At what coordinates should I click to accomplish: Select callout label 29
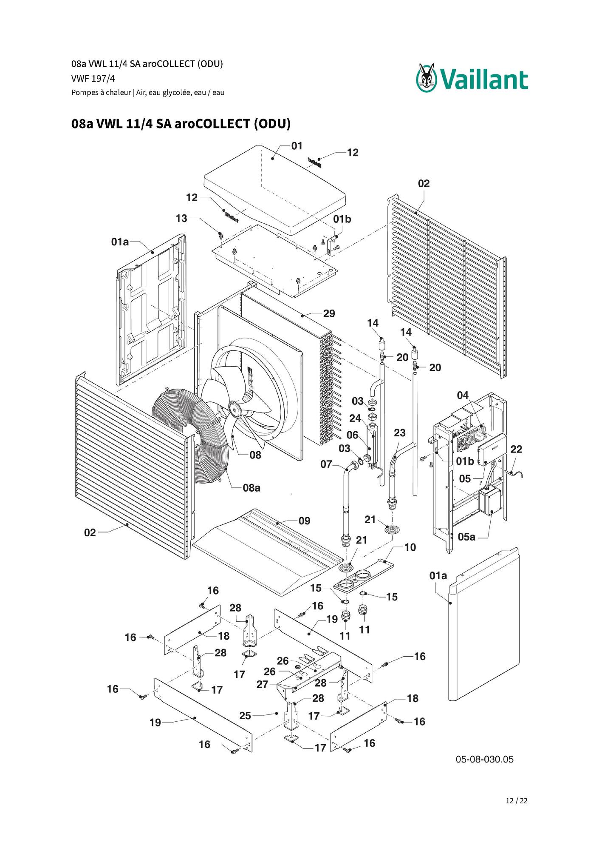coord(329,313)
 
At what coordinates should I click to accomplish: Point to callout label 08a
coord(251,488)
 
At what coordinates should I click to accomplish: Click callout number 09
coord(304,521)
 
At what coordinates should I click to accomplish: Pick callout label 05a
coord(466,537)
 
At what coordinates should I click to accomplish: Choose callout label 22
coord(516,449)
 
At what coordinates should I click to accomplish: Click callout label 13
coord(181,218)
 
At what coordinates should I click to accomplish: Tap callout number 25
coord(245,716)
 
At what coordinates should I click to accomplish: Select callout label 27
coord(263,684)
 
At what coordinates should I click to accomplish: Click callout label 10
coord(410,547)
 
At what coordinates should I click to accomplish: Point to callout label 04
coord(463,396)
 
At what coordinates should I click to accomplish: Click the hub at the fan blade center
coord(234,407)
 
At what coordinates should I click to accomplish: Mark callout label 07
coord(326,464)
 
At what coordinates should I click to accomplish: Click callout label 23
coord(399,433)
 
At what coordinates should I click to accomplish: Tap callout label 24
coord(355,418)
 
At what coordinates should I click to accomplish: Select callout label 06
coord(353,435)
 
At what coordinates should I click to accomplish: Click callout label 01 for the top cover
coord(297,146)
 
